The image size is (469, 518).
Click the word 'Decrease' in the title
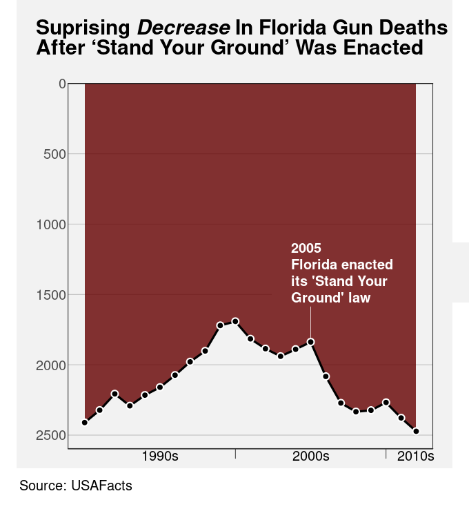coord(183,28)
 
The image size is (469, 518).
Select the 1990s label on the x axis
coord(160,457)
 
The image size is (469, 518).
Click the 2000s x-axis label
coord(311,457)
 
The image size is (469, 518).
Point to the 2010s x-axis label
coord(416,457)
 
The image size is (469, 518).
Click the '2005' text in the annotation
coord(306,248)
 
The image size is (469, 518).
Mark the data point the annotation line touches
coord(311,342)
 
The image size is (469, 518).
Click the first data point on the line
coord(85,423)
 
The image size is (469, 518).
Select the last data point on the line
coord(417,431)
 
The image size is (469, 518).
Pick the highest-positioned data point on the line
coord(235,321)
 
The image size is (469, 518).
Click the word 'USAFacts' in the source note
coord(101,486)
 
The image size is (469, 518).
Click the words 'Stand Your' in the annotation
coord(356,282)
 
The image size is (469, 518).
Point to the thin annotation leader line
coord(311,322)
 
